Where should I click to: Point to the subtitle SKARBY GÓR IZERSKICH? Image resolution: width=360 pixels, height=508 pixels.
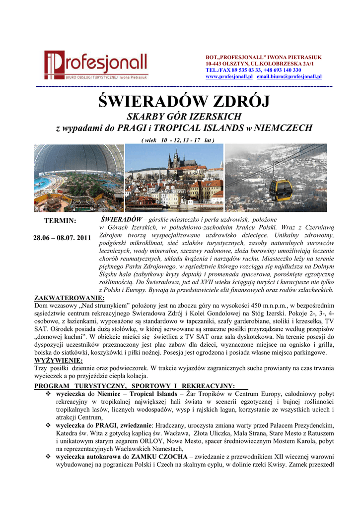coord(184,117)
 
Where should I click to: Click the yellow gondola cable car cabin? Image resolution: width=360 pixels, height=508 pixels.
coord(281,189)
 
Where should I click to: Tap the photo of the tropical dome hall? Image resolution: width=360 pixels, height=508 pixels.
coord(78,178)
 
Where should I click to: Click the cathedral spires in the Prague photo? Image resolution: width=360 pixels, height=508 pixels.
coord(175,159)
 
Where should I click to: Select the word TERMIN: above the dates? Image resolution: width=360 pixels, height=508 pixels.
coord(60,221)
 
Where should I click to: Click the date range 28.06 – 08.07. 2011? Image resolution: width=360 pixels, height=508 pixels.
coord(62,238)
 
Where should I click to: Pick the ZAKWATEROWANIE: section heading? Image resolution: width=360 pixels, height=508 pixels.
coord(69,298)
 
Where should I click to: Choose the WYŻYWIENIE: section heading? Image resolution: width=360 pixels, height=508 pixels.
coord(59,361)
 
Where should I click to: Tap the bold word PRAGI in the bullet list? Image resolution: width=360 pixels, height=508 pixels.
coord(106,425)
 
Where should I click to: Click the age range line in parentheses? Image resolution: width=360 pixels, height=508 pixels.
coord(178,140)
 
